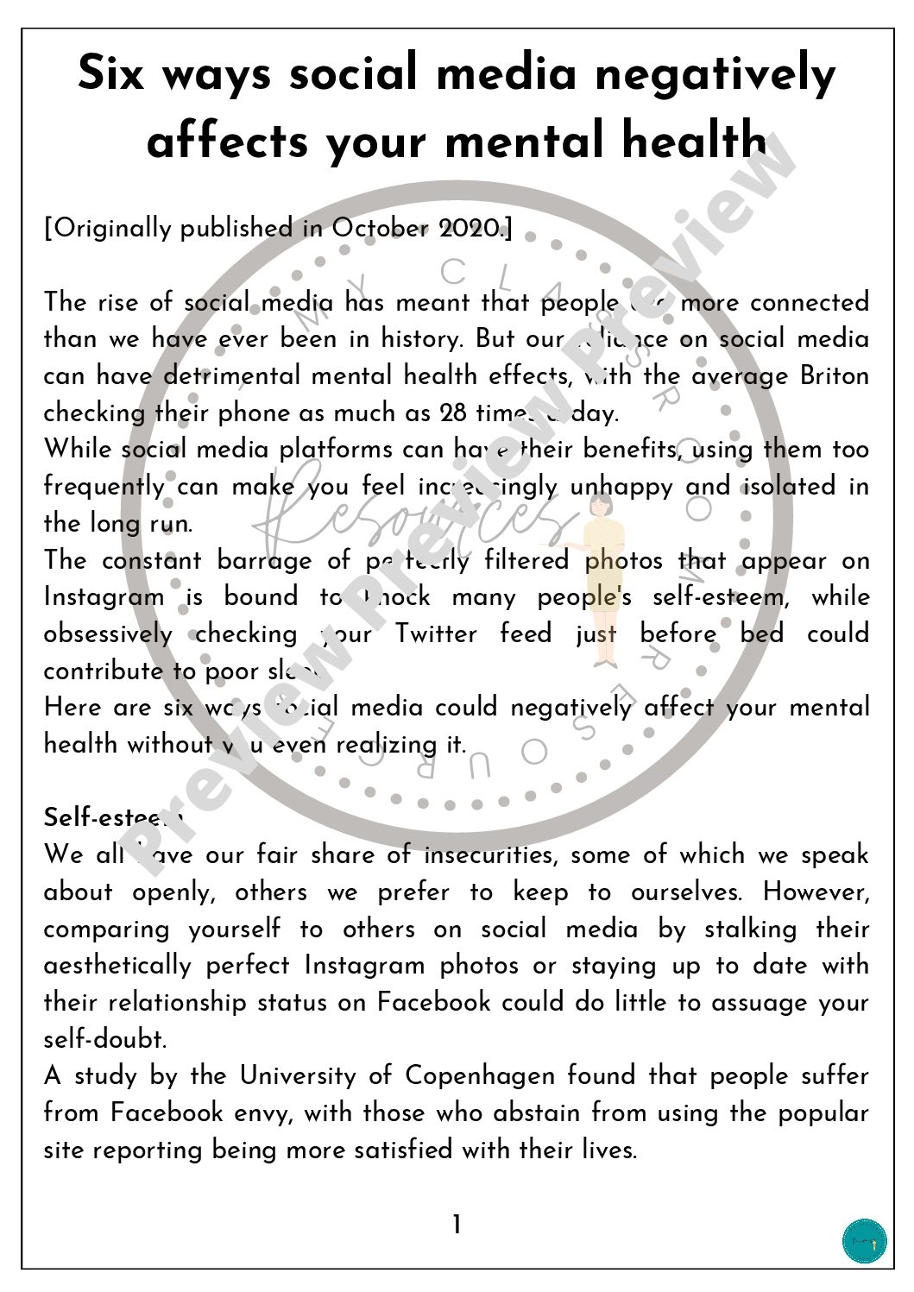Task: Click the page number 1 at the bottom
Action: pyautogui.click(x=457, y=1225)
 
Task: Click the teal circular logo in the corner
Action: pyautogui.click(x=864, y=1240)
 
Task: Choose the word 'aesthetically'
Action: pyautogui.click(x=117, y=966)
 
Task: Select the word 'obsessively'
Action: pyautogui.click(x=108, y=634)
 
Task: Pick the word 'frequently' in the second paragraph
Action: pyautogui.click(x=104, y=487)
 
